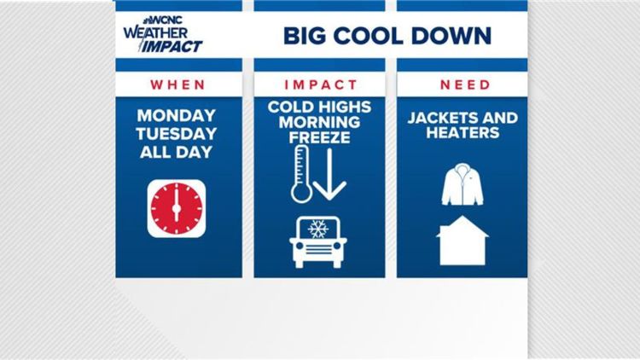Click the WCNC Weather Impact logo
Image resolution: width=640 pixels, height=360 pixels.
coord(162,35)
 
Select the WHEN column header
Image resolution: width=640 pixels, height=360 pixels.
coord(177,84)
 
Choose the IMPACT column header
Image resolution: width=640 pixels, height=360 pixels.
coord(319,84)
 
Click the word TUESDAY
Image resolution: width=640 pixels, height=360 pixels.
coord(177,134)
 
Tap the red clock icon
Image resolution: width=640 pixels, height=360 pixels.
coord(177,208)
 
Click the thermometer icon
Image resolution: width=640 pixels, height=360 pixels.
coord(301,173)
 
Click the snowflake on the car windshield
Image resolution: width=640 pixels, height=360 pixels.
coord(318,229)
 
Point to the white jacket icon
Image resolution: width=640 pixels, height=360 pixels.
coord(463,185)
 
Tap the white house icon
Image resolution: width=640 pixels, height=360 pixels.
coord(463,241)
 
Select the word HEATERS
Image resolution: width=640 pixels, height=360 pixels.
coord(462,133)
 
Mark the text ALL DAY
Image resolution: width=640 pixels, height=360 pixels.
coord(177,152)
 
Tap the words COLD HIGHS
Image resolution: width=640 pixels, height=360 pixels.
coord(319,107)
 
